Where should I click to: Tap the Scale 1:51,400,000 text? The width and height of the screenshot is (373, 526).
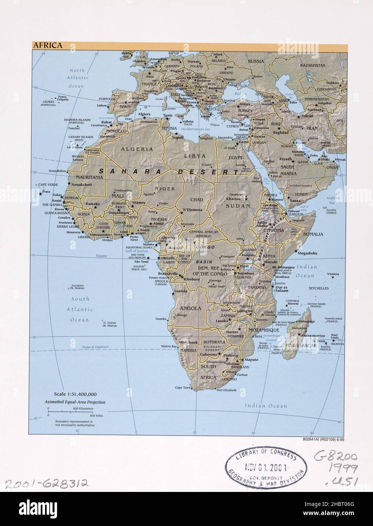tap(77, 394)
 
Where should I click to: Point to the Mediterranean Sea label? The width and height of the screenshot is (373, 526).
tap(195, 129)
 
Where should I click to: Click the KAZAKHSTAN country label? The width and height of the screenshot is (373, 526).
tap(313, 65)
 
